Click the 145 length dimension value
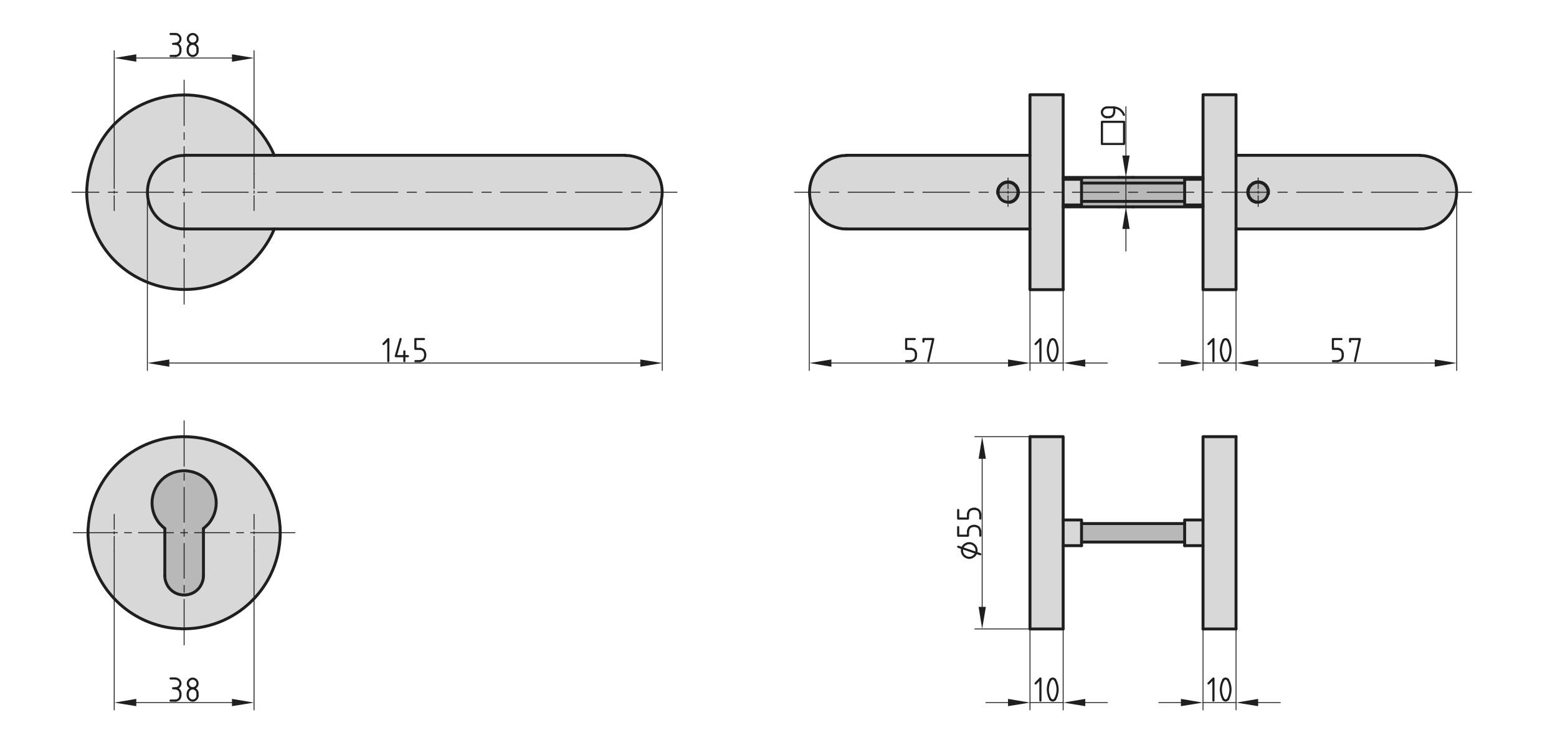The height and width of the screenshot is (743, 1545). (404, 351)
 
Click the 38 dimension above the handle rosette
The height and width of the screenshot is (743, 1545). (184, 45)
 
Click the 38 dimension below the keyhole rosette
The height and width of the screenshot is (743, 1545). (184, 689)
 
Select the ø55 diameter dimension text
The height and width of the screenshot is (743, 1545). (971, 532)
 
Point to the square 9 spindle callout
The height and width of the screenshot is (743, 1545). (1112, 126)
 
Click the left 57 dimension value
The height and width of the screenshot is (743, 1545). (920, 351)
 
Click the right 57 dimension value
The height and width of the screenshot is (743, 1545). (1346, 351)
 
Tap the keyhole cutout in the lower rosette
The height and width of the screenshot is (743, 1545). (184, 529)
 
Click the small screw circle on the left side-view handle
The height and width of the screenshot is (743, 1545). (1008, 192)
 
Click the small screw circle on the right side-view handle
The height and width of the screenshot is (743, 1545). (1257, 192)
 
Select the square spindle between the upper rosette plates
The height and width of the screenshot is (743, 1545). (1133, 192)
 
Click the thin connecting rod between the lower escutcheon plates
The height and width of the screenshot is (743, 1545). (1133, 532)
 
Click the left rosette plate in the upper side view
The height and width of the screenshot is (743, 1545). (1046, 249)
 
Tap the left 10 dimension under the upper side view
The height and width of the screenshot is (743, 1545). (1046, 351)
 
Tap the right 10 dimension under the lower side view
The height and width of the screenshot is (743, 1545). (1219, 689)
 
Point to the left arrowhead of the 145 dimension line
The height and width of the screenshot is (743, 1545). (158, 363)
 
